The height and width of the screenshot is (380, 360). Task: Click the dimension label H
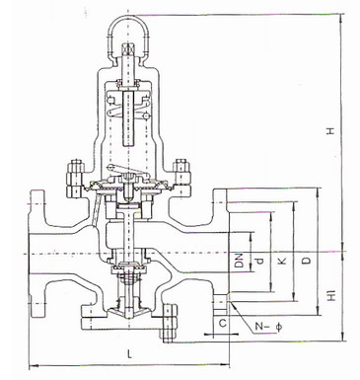tap(330, 131)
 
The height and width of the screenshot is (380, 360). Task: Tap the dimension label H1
tap(332, 296)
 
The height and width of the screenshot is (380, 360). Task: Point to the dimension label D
tap(307, 261)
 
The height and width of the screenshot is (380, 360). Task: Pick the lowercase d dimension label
tap(260, 262)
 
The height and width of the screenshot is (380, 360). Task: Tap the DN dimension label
tap(240, 260)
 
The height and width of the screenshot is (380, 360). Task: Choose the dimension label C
tap(223, 323)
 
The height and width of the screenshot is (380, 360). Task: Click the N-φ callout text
tap(268, 327)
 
